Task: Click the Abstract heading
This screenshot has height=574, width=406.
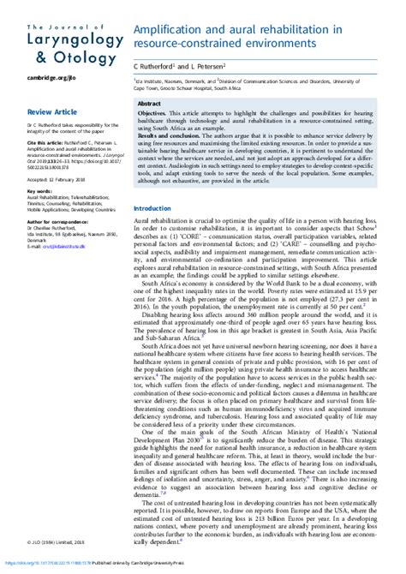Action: point(152,102)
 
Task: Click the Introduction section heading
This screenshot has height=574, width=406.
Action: point(153,209)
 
